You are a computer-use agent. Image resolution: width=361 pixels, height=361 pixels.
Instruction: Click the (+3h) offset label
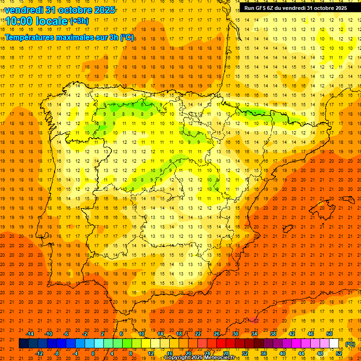click(x=79, y=21)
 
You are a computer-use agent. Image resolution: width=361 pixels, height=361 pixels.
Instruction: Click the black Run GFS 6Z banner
click(x=296, y=8)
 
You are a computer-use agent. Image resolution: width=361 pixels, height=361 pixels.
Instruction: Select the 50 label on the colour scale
click(x=329, y=334)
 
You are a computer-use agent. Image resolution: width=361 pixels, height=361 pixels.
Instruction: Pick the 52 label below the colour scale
click(x=339, y=353)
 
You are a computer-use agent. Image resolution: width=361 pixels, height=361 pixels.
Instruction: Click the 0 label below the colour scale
click(x=93, y=353)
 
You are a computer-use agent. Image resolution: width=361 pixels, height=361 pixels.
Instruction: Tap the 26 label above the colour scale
click(x=217, y=334)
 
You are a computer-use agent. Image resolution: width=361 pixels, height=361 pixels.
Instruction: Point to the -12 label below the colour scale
click(x=39, y=353)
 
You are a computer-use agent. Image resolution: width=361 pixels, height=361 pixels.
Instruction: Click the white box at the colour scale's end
click(x=334, y=344)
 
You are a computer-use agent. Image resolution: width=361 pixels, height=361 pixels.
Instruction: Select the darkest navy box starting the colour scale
click(x=24, y=344)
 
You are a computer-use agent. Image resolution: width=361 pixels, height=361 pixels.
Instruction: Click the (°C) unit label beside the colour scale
click(x=350, y=344)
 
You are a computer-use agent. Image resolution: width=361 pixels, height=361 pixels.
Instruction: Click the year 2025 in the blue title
click(x=100, y=10)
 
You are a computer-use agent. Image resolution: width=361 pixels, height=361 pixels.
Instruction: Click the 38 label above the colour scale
click(x=273, y=334)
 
